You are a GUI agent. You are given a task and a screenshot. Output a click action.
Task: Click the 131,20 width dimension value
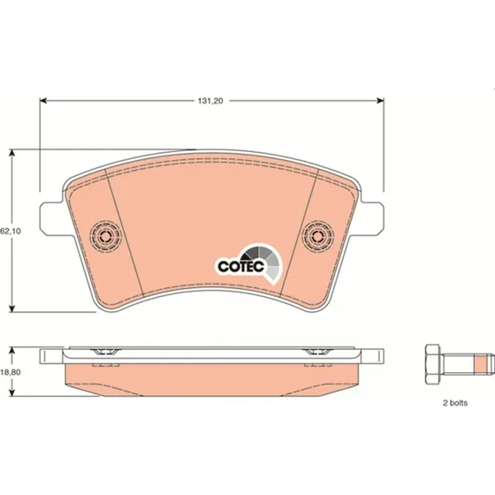click(210, 101)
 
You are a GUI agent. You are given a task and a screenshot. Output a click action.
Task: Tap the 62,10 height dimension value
click(11, 231)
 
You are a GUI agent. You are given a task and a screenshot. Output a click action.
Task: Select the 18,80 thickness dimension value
click(11, 372)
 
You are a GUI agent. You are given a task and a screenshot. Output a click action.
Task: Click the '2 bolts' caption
click(455, 403)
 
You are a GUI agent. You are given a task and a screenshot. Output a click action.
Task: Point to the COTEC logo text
click(240, 267)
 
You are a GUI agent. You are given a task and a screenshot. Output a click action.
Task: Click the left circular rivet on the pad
click(105, 235)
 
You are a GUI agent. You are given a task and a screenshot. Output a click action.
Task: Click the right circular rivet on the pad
click(317, 235)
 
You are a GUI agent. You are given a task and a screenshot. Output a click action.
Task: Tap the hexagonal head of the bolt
click(432, 364)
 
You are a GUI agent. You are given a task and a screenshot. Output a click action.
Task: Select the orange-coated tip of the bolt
click(482, 364)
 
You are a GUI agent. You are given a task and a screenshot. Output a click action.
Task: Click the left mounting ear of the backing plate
click(51, 218)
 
